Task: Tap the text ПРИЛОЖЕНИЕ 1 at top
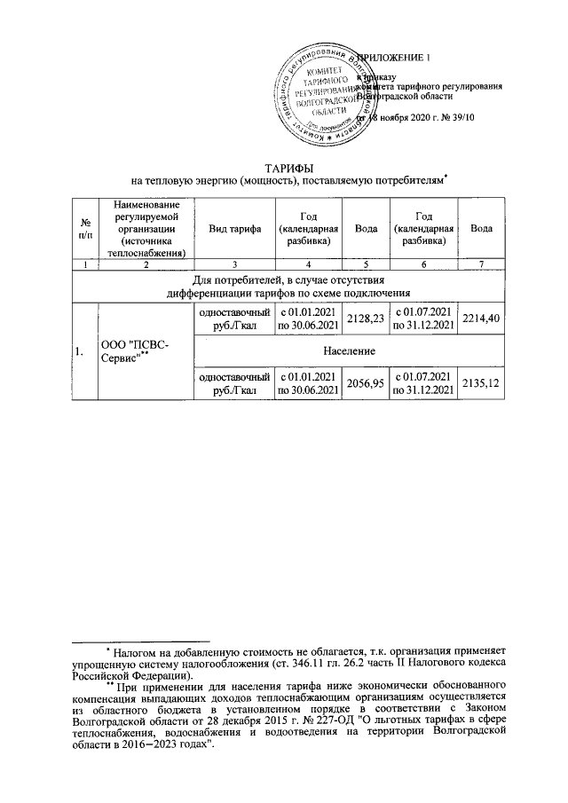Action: click(396, 58)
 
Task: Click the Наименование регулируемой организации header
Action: click(140, 228)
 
